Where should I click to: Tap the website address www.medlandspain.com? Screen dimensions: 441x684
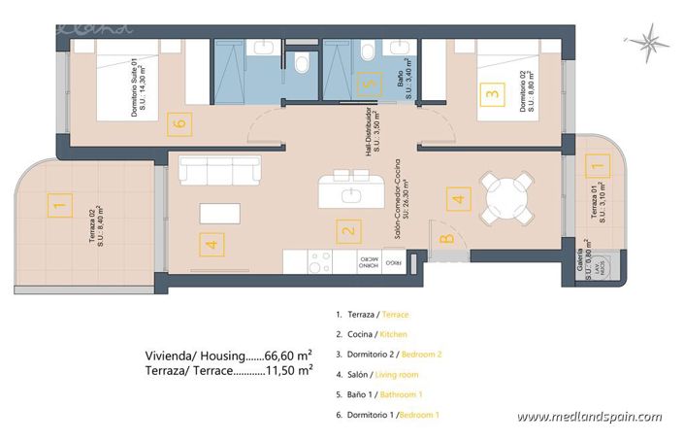589,417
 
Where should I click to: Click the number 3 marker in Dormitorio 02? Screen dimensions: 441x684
493,95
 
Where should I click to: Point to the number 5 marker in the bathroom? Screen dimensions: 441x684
366,84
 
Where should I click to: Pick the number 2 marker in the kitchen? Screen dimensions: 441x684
345,231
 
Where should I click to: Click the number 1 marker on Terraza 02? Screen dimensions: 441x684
60,205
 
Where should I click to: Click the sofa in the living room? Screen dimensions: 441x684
219,171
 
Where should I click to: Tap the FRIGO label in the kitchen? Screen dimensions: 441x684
394,262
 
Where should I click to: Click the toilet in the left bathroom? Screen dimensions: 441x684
303,64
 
